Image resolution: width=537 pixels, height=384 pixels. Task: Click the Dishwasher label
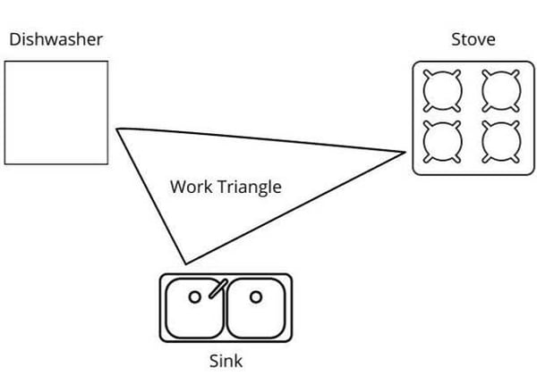(55, 39)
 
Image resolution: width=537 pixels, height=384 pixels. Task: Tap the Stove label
(473, 39)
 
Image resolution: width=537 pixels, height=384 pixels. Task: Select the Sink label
(226, 361)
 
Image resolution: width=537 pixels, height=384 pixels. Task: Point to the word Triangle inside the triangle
(250, 188)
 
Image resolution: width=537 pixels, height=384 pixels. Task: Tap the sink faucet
(218, 288)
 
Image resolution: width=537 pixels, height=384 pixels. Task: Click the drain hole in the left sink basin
(195, 296)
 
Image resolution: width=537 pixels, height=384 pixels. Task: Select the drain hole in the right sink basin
(256, 296)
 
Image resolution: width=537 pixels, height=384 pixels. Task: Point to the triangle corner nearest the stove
(405, 152)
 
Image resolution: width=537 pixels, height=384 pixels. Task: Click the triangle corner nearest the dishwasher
(116, 129)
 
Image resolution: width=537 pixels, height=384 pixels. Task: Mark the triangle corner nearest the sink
(186, 263)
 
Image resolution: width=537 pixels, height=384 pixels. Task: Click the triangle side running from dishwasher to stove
(261, 139)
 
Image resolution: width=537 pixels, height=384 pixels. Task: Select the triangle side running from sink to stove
(295, 208)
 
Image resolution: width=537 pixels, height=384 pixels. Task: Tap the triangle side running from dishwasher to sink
(151, 196)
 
